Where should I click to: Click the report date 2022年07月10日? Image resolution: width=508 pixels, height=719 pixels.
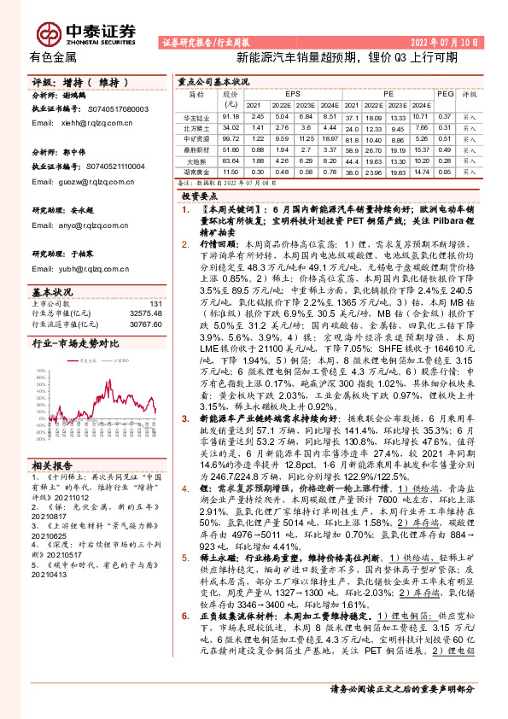449,41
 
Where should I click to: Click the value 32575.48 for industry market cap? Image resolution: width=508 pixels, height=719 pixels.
143,313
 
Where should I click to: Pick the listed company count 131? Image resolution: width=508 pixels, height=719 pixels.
155,304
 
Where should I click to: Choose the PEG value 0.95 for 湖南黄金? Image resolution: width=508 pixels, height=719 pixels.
444,172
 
